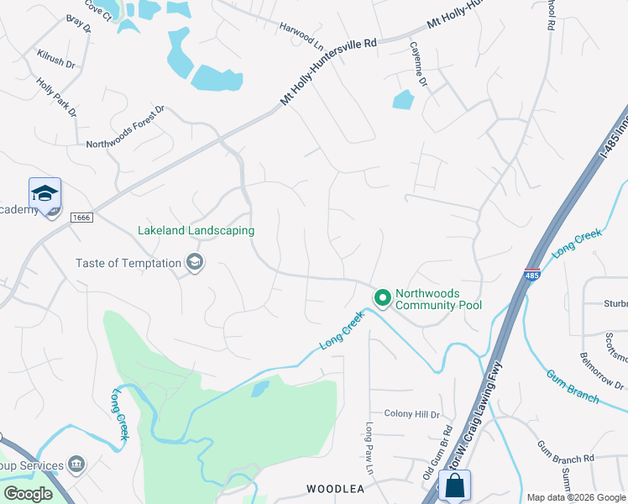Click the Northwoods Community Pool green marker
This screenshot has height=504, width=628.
(x=383, y=298)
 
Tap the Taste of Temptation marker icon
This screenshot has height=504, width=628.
(x=195, y=263)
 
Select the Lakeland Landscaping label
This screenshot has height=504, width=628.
(x=196, y=230)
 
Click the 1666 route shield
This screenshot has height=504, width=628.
(x=81, y=218)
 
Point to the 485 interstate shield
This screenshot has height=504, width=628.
(x=531, y=275)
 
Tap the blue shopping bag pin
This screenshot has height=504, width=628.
(x=454, y=486)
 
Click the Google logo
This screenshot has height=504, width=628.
(x=28, y=494)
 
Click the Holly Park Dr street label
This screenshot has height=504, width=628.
(x=56, y=97)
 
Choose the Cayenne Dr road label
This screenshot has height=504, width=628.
(x=418, y=66)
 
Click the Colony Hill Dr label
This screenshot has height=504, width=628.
(x=411, y=414)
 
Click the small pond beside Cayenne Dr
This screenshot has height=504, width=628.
(x=403, y=101)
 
